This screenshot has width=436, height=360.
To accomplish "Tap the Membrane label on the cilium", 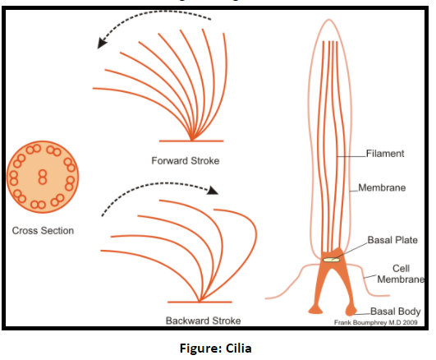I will [382, 187].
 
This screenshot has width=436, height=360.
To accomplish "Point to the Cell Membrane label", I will [401, 272].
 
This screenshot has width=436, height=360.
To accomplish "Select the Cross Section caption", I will [43, 230].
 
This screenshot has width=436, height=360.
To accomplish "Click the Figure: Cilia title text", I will [217, 348].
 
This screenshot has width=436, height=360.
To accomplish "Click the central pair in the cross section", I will [41, 175].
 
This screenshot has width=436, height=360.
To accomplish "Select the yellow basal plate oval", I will [331, 259].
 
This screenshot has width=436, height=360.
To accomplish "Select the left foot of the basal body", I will [315, 309].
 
